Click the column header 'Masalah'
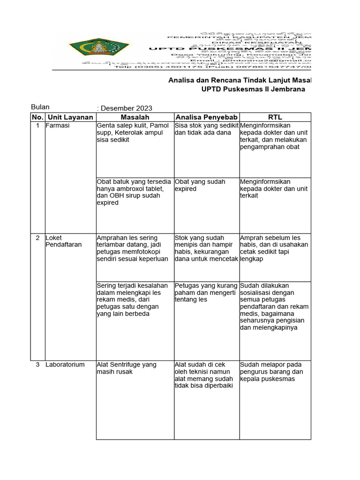(135, 117)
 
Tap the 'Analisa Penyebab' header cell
(206, 117)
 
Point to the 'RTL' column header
(275, 117)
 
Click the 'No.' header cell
(37, 117)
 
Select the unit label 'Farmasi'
(56, 126)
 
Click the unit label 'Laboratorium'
(65, 365)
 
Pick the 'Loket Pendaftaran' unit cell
(63, 241)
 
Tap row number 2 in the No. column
(37, 238)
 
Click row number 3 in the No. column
(37, 365)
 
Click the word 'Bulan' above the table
(40, 107)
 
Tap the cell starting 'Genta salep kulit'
(133, 133)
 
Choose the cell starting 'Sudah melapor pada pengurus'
(271, 372)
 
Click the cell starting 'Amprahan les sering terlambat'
(132, 248)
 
